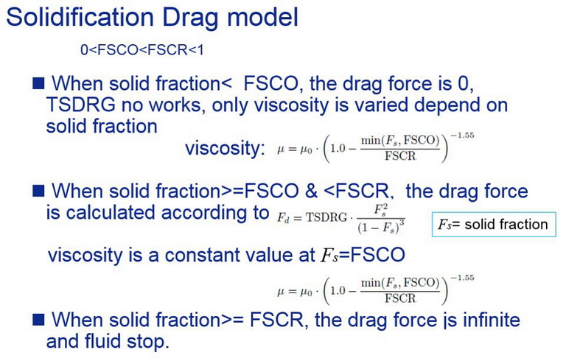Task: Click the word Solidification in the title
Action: (81, 17)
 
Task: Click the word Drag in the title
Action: (190, 18)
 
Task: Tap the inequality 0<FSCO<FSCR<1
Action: (142, 50)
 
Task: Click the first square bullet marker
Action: (38, 83)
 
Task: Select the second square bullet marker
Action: (38, 191)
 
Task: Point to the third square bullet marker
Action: (38, 320)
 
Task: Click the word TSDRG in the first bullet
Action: (80, 105)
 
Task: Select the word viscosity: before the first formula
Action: (226, 148)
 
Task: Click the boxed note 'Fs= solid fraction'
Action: (494, 225)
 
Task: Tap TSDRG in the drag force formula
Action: (326, 217)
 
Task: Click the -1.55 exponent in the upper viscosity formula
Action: (462, 136)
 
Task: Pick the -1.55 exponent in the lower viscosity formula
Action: (462, 278)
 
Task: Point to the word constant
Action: (200, 255)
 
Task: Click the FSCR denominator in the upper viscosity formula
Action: (400, 156)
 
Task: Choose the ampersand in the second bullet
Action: (311, 192)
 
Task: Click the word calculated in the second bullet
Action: (111, 213)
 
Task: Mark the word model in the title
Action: (262, 17)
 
